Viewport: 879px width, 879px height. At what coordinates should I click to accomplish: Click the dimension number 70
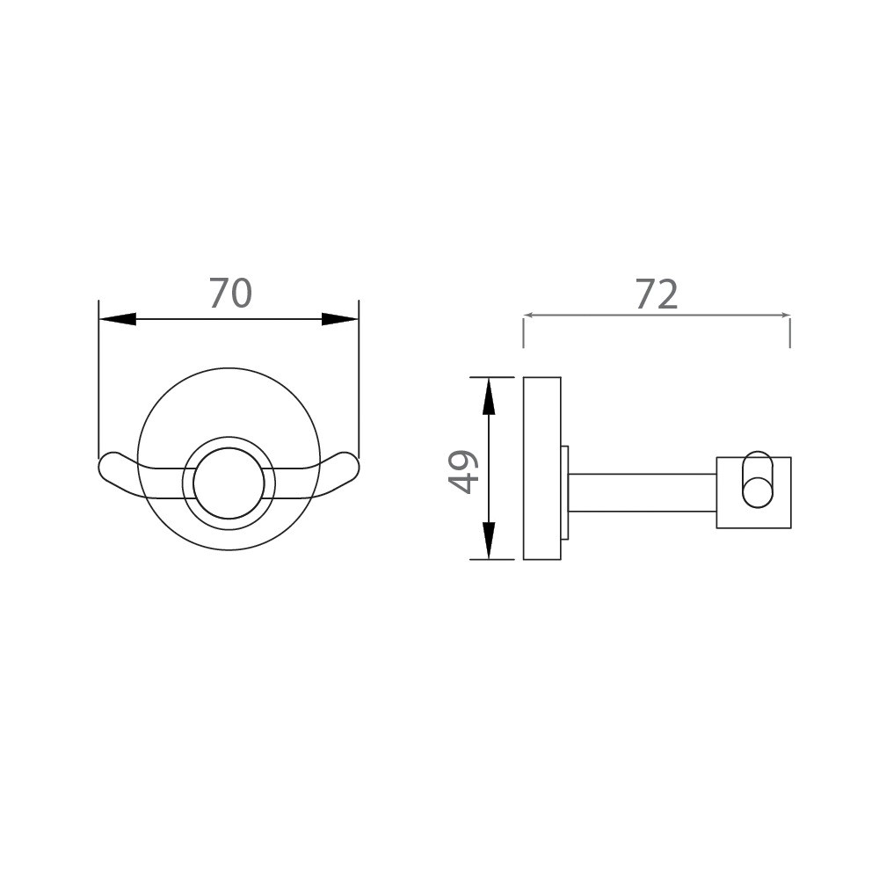pos(230,294)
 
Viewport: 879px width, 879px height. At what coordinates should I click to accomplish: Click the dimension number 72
pos(657,295)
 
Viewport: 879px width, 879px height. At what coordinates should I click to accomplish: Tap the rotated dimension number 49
pos(462,471)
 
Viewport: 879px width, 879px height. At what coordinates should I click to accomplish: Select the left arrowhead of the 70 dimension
pos(118,319)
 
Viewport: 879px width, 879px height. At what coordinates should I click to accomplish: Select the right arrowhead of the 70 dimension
pos(339,319)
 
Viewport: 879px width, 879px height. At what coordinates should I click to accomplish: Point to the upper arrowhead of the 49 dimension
pos(489,396)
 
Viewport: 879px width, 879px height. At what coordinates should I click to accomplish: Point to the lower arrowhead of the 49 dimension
pos(489,541)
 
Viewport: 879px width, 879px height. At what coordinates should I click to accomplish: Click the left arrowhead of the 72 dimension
pos(529,316)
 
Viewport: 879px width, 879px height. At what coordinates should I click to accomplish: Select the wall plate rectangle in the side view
pos(541,469)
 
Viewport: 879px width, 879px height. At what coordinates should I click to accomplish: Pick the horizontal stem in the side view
pos(642,492)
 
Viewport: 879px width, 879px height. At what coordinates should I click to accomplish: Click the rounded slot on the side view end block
pos(757,480)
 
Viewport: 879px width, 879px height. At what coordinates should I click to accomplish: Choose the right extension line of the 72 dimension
pos(789,332)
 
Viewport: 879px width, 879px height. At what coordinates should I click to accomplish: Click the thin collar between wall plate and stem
pos(564,492)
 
